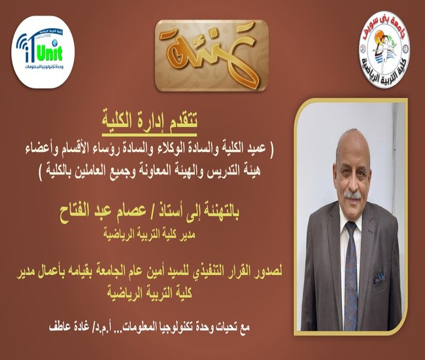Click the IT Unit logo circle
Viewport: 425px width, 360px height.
click(42, 52)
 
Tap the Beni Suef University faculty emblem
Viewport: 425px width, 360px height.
click(384, 49)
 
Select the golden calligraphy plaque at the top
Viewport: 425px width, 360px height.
click(212, 56)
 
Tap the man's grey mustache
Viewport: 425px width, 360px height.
click(352, 195)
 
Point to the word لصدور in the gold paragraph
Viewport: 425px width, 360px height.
click(266, 271)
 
